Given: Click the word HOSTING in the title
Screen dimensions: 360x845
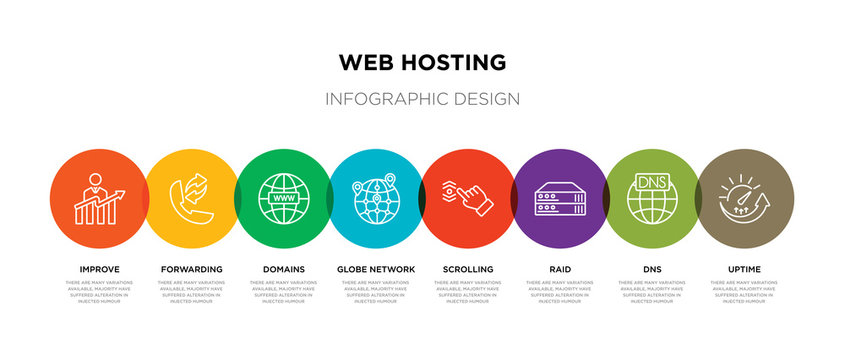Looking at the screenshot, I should [453, 61].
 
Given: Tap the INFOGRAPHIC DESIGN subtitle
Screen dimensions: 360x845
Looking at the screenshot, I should [423, 99].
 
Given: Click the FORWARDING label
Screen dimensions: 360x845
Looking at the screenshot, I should [191, 269].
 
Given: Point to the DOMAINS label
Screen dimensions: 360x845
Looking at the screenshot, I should [285, 269].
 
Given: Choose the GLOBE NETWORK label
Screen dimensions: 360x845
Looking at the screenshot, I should [376, 269].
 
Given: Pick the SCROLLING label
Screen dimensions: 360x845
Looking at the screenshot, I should [468, 269].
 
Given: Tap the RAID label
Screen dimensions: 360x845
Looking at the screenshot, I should [560, 269].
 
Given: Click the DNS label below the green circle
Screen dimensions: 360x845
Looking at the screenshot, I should [653, 269].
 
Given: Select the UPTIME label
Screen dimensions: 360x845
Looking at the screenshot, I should [745, 269].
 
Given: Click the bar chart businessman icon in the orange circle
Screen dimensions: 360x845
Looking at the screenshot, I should [97, 200].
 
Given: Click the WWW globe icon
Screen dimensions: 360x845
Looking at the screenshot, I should [283, 199].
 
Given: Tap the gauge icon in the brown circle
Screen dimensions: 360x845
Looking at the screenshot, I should [745, 198].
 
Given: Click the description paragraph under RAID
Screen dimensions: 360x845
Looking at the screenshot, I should [560, 292].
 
